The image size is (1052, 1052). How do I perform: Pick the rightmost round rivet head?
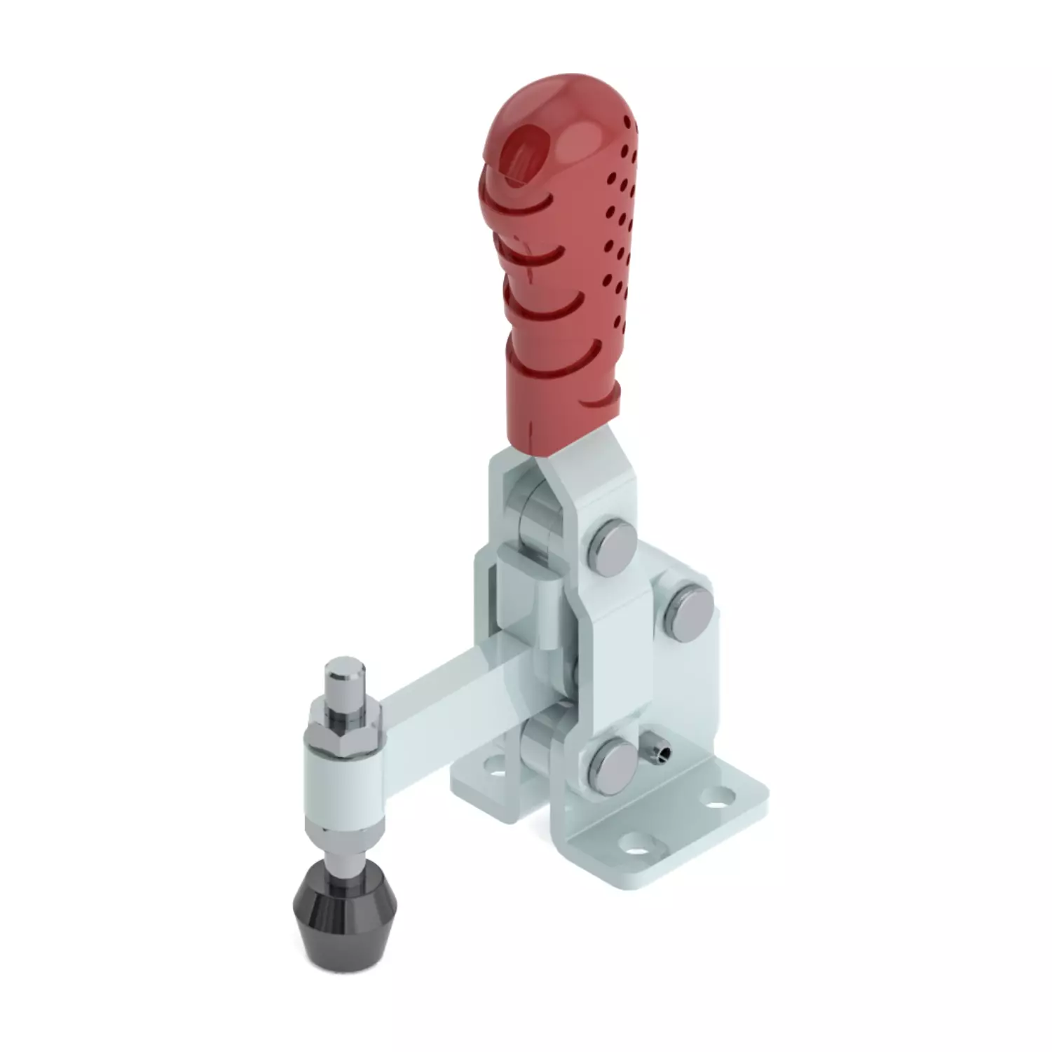[691, 604]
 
